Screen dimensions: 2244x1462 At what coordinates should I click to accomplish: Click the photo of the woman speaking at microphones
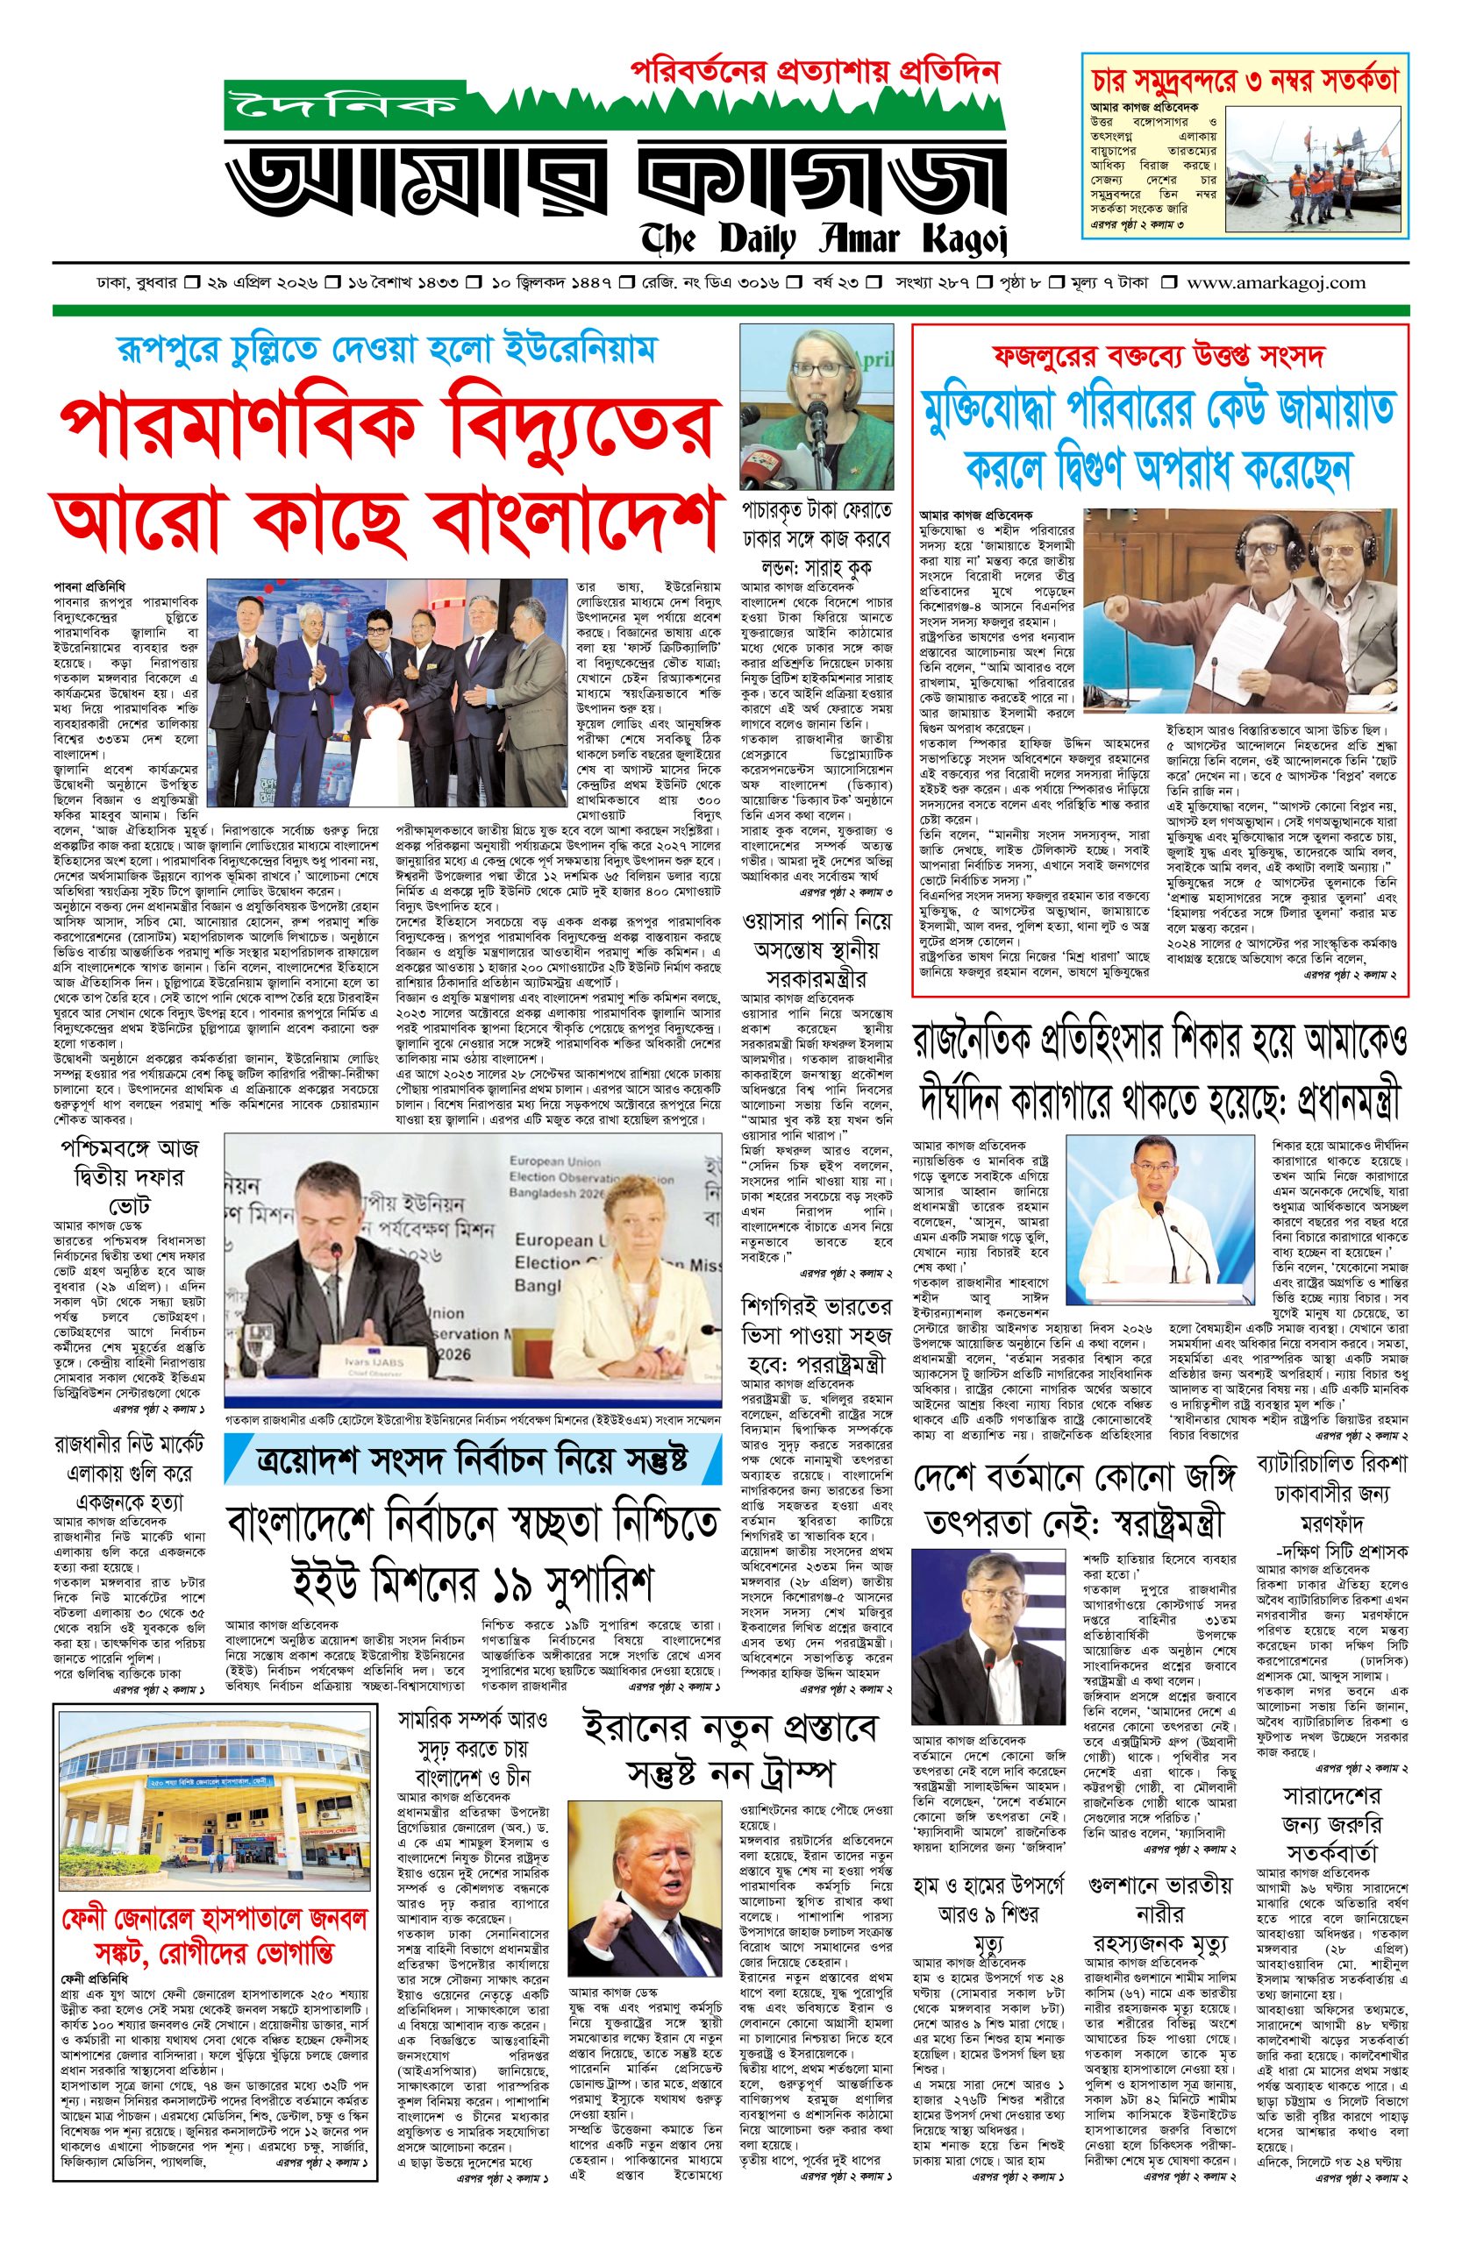tap(815, 406)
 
